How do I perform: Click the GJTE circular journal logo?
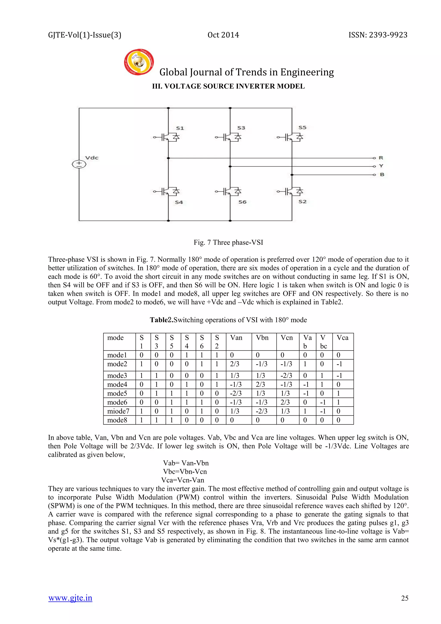coord(139,62)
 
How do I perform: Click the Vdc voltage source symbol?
coord(79,164)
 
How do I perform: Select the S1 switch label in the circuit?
coord(180,128)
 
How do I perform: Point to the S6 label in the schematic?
coord(242,202)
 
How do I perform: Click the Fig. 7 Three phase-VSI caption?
coord(228,242)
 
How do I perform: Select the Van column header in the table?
coord(236,338)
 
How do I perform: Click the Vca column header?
coord(342,338)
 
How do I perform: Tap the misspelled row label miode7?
coord(118,411)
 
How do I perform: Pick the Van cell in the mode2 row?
coord(235,364)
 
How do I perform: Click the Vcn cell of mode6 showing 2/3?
coord(285,402)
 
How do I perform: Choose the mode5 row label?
coord(117,393)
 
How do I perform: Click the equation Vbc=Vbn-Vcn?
coord(185,471)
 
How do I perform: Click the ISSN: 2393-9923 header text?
coord(378,35)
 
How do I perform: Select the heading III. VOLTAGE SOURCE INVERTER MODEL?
coord(228,86)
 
